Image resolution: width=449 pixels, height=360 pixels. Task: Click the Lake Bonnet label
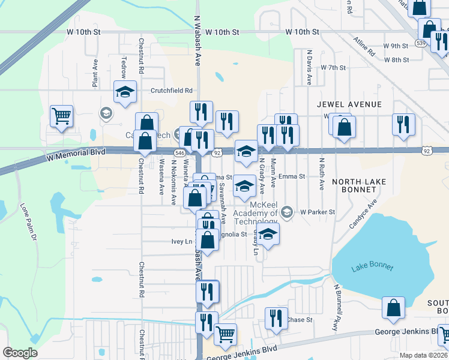[x=372, y=267]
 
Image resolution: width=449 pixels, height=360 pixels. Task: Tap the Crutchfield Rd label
[x=172, y=91]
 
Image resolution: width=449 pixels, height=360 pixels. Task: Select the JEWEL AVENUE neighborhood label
[x=349, y=104]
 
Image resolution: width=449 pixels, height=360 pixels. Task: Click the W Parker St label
[x=318, y=212]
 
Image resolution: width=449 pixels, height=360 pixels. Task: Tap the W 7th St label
[x=333, y=68]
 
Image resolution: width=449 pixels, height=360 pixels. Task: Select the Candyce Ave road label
[x=363, y=214]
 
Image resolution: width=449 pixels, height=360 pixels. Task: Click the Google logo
[x=20, y=353]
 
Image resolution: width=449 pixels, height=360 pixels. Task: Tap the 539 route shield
[x=420, y=44]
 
